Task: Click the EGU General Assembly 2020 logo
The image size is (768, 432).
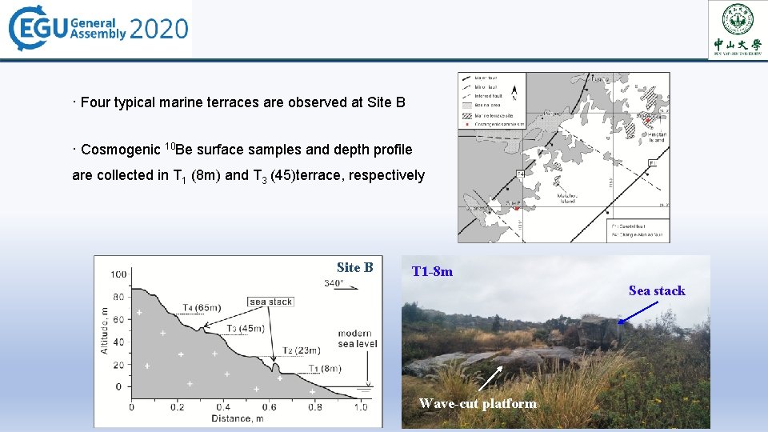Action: tap(98, 29)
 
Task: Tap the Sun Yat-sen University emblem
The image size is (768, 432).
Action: tap(737, 29)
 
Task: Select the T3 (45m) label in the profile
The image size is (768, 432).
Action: tap(245, 328)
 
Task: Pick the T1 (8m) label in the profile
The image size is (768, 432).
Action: tap(324, 369)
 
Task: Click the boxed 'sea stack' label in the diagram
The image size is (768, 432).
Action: tap(270, 302)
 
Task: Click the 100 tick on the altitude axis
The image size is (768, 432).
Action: tap(118, 274)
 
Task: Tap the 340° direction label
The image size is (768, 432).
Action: tap(334, 282)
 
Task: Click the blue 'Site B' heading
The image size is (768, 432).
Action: tap(354, 267)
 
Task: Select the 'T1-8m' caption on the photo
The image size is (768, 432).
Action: tap(432, 271)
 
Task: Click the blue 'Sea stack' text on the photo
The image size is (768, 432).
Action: tap(657, 290)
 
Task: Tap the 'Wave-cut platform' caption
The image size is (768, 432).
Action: tap(478, 403)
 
